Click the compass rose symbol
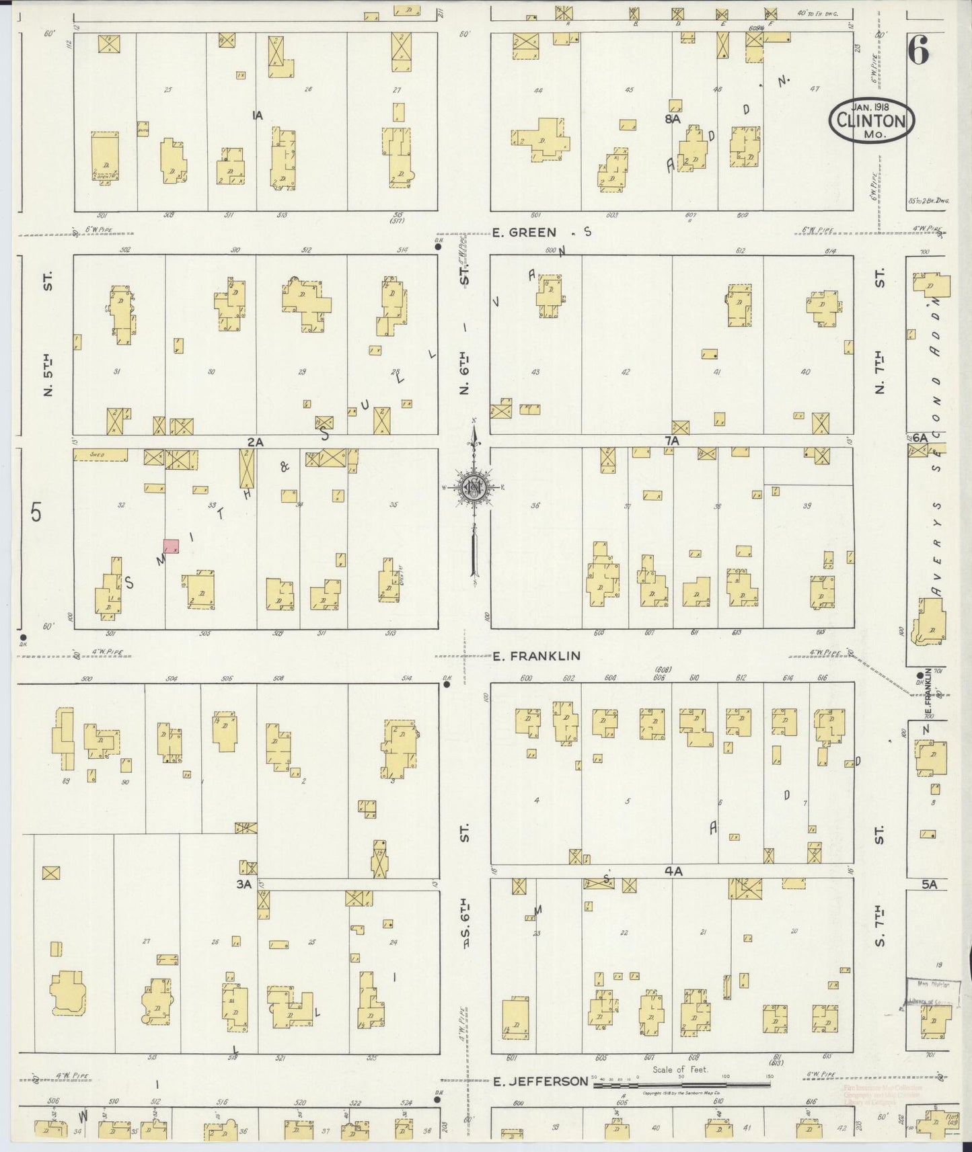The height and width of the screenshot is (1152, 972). [475, 488]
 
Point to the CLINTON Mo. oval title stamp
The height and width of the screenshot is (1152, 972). [872, 121]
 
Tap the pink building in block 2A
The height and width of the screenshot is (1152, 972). [171, 546]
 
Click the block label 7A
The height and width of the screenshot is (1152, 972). [672, 441]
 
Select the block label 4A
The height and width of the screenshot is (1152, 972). [673, 871]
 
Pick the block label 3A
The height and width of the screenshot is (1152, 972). [244, 884]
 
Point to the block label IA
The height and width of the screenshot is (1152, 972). [256, 116]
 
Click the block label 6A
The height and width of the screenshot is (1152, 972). [920, 438]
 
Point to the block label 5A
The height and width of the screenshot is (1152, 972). [929, 885]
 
